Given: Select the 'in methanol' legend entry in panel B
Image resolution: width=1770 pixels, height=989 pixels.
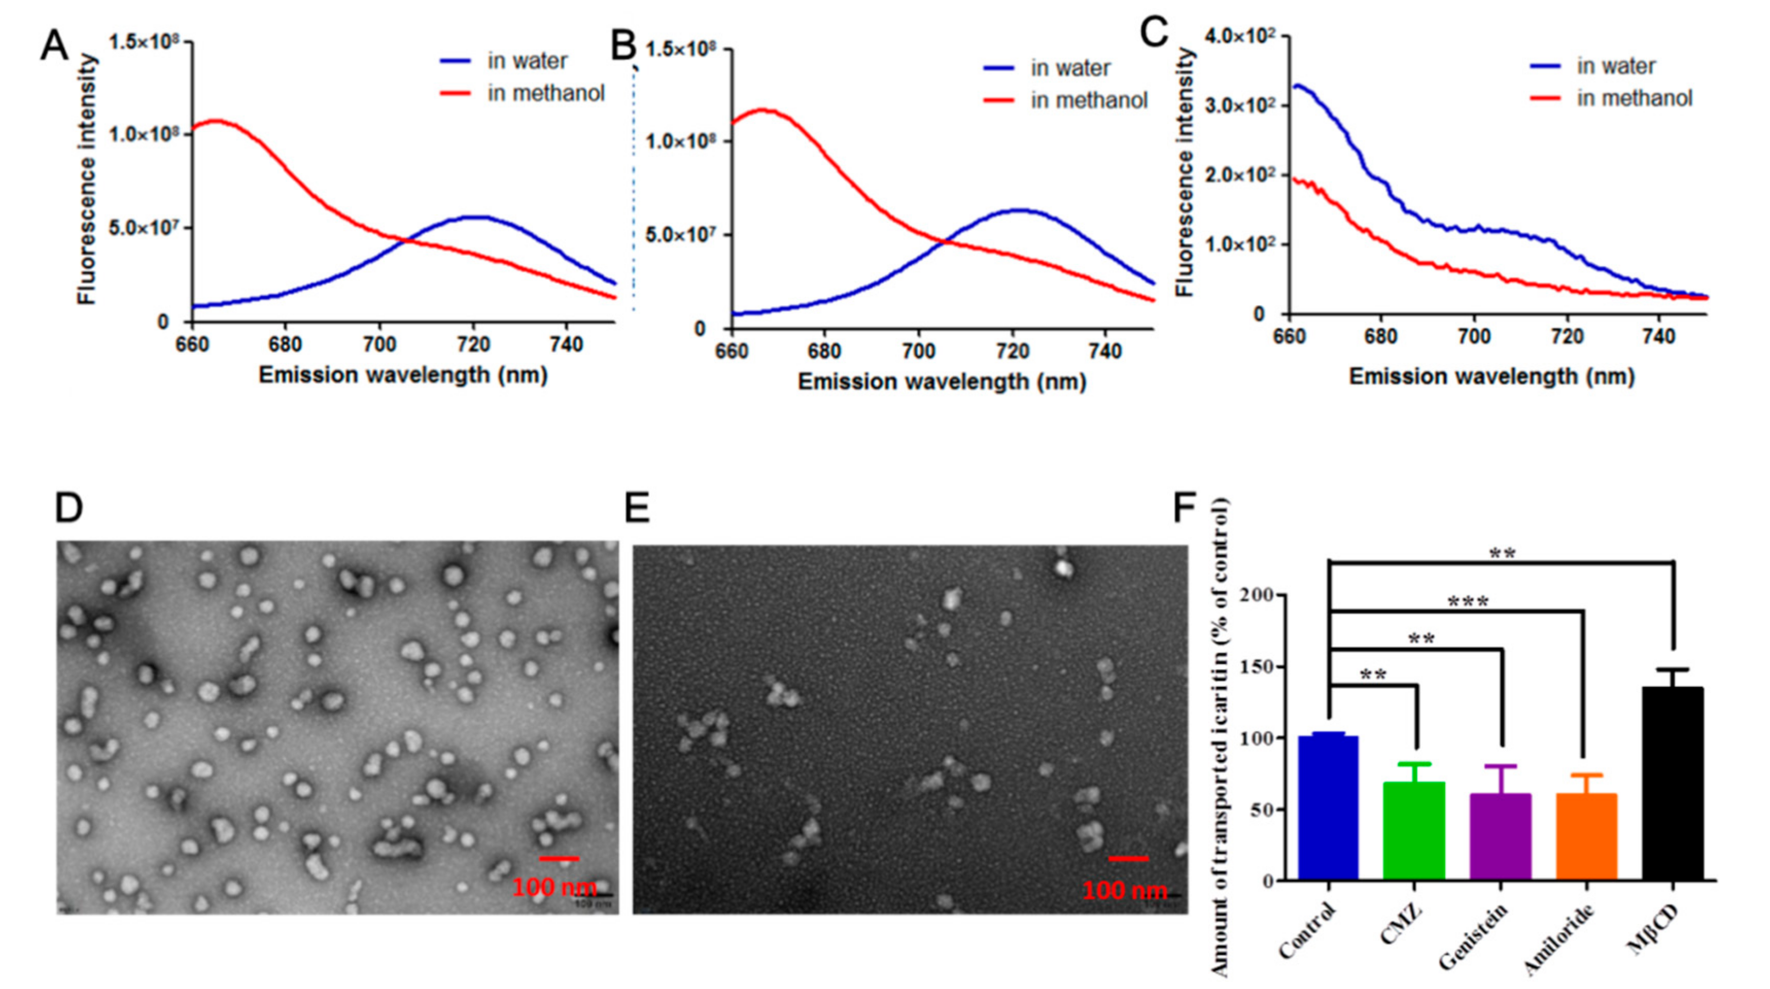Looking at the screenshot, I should pyautogui.click(x=1088, y=101).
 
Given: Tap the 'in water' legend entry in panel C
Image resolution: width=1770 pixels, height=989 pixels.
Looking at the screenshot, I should pyautogui.click(x=1615, y=66).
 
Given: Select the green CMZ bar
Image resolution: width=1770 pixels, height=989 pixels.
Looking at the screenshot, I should pyautogui.click(x=1414, y=831).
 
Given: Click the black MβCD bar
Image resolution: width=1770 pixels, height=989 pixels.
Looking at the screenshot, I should pyautogui.click(x=1672, y=783).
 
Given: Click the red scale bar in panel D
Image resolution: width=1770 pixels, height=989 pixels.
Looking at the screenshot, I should pyautogui.click(x=559, y=858).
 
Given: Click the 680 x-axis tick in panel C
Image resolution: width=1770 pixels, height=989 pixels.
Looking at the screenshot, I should pyautogui.click(x=1380, y=337).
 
